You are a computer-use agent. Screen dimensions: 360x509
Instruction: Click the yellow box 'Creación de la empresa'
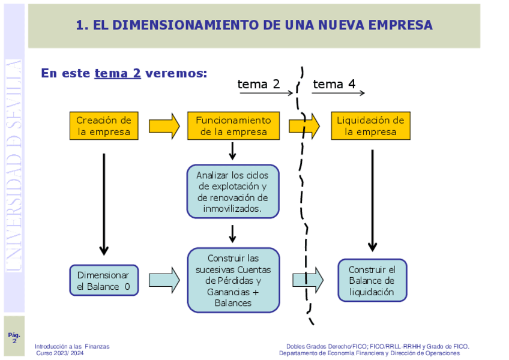pyautogui.click(x=104, y=126)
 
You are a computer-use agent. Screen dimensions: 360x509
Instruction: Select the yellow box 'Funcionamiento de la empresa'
pyautogui.click(x=233, y=126)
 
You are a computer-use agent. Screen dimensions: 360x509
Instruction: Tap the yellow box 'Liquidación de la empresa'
pyautogui.click(x=370, y=126)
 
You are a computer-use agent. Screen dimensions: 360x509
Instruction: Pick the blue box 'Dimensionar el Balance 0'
pyautogui.click(x=103, y=281)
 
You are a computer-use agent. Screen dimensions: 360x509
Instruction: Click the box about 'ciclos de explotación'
pyautogui.click(x=233, y=191)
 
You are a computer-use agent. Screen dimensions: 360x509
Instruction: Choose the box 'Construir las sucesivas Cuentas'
pyautogui.click(x=233, y=280)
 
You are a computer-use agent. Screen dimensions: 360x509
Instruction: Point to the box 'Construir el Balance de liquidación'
pyautogui.click(x=372, y=280)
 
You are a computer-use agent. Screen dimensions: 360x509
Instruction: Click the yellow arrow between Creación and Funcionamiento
pyautogui.click(x=164, y=126)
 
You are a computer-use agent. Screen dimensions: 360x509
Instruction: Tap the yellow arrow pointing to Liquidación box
pyautogui.click(x=304, y=126)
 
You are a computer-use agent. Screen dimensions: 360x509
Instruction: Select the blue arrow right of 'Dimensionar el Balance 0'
pyautogui.click(x=164, y=280)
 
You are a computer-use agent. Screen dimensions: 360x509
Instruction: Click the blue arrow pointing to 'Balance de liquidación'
pyautogui.click(x=308, y=280)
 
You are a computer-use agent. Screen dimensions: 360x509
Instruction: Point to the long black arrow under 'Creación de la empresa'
pyautogui.click(x=104, y=204)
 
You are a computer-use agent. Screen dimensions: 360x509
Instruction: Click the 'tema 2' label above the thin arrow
pyautogui.click(x=259, y=84)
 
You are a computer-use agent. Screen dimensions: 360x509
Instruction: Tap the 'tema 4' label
pyautogui.click(x=334, y=84)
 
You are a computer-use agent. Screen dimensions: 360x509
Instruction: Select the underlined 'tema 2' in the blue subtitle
pyautogui.click(x=118, y=73)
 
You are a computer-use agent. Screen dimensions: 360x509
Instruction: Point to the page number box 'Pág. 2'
pyautogui.click(x=14, y=337)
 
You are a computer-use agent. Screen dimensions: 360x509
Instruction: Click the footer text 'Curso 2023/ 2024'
pyautogui.click(x=60, y=353)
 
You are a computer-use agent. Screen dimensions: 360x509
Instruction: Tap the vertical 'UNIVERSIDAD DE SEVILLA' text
pyautogui.click(x=14, y=165)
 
